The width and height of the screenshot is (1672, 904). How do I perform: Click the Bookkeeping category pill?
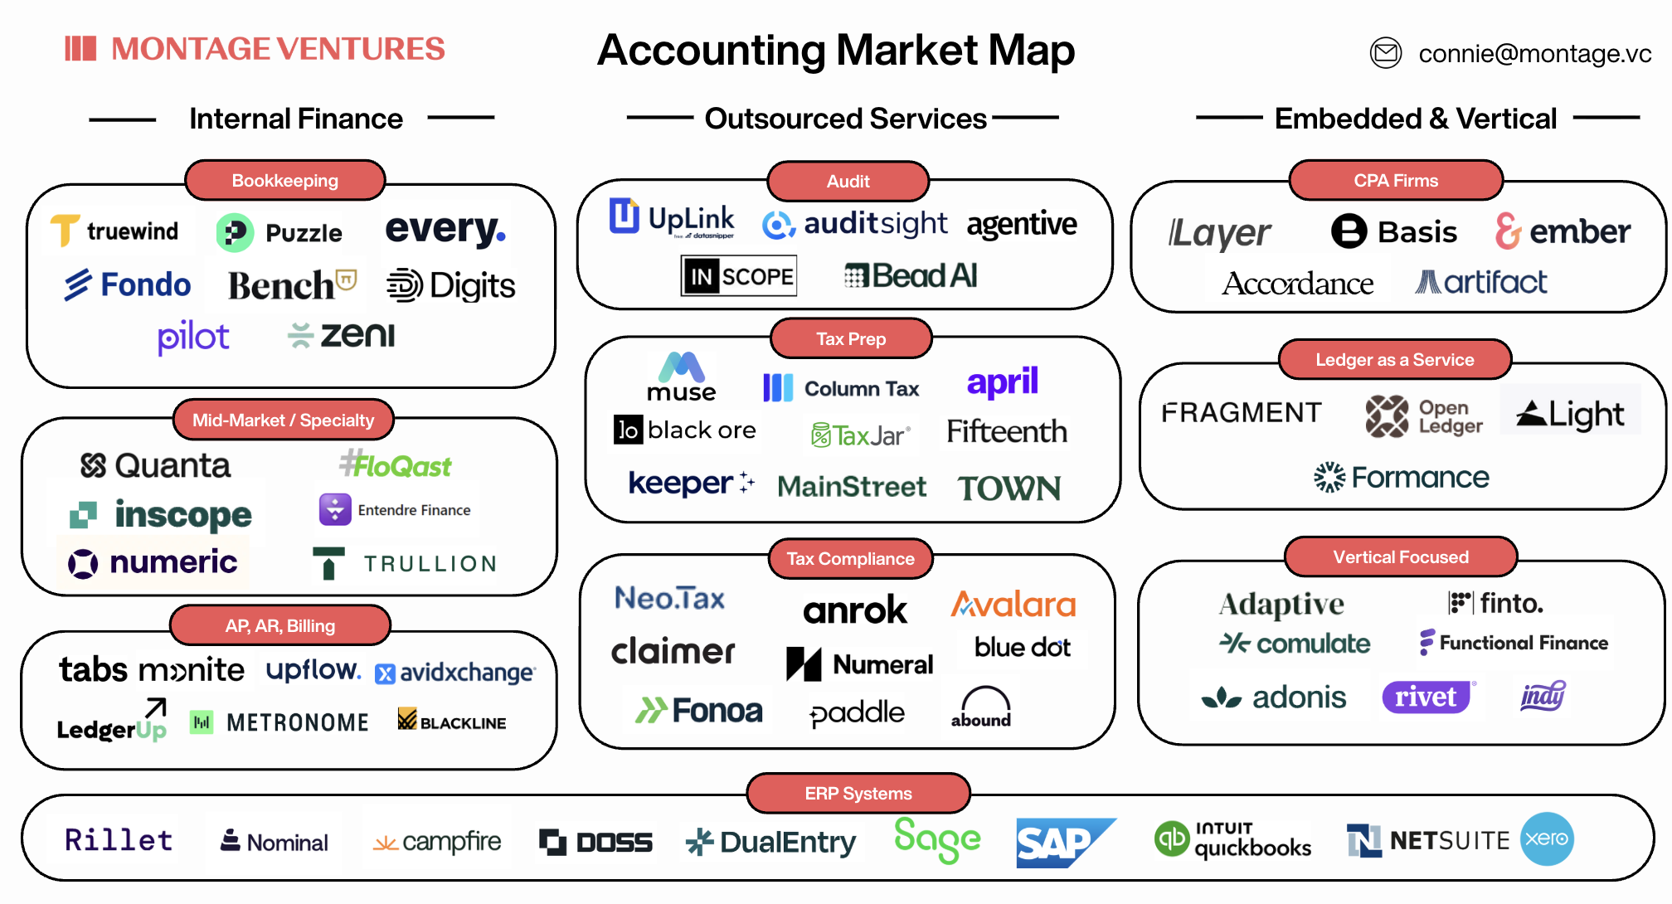pos(284,181)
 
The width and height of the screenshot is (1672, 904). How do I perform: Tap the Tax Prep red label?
pos(851,339)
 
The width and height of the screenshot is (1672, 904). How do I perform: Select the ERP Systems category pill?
pos(858,794)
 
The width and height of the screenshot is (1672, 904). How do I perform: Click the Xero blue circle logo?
pos(1547,838)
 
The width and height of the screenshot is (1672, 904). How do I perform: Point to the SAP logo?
pos(1063,843)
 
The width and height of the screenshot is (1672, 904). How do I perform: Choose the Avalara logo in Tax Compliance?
pos(1013,605)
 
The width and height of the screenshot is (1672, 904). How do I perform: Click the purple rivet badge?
pos(1427,697)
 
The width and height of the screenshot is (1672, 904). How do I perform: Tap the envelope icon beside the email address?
pos(1385,53)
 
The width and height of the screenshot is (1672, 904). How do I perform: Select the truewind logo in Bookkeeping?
pos(115,231)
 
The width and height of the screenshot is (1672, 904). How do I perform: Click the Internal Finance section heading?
pos(295,119)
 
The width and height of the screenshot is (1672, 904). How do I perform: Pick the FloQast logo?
pos(396,465)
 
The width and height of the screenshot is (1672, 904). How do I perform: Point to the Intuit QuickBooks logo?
pos(1232,839)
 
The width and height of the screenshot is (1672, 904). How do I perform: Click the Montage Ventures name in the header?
pos(278,49)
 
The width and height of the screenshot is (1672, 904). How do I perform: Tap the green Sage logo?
pos(937,839)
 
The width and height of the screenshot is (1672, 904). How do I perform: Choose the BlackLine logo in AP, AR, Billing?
pos(452,721)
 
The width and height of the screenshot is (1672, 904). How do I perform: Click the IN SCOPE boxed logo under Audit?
pos(738,276)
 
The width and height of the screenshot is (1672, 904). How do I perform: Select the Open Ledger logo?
pos(1423,416)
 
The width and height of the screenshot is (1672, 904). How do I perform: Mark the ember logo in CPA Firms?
pos(1563,231)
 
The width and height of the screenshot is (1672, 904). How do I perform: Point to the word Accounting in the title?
pos(712,50)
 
